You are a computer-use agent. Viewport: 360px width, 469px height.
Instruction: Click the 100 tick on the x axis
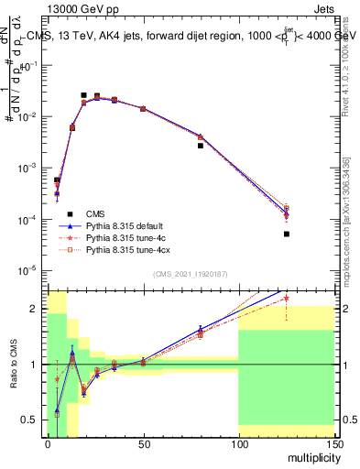point(238,446)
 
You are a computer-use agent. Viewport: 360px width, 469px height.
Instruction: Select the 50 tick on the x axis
point(143,446)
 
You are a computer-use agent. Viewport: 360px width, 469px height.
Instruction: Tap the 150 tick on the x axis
point(333,446)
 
